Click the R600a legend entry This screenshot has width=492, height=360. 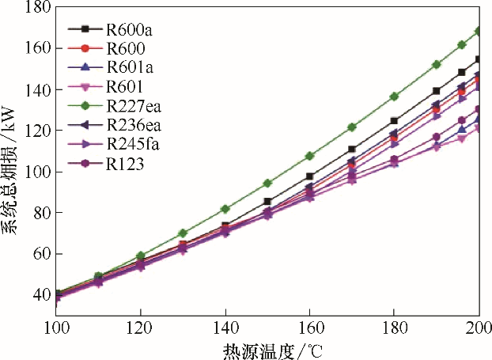click(x=129, y=30)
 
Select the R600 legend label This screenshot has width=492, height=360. click(x=125, y=48)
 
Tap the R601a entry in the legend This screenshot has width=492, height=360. click(x=129, y=66)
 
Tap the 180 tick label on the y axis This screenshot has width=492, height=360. click(x=36, y=8)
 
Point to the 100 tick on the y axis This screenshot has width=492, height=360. click(x=36, y=172)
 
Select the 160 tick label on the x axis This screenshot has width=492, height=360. click(x=309, y=327)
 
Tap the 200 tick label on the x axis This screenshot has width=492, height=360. click(x=477, y=327)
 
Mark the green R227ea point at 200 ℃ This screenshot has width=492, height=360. click(x=478, y=31)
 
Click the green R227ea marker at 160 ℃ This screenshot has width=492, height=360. click(x=309, y=156)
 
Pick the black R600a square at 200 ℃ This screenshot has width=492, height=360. click(x=478, y=59)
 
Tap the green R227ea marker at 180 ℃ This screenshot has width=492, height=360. click(x=394, y=97)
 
